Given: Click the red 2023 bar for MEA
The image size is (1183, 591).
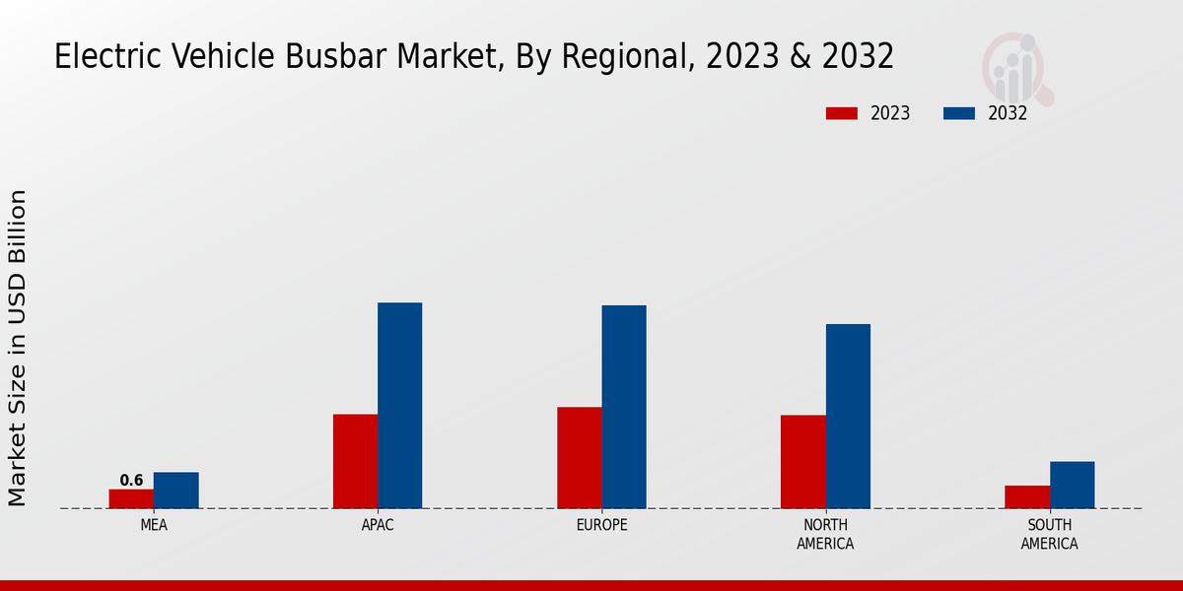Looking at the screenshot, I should point(131,498).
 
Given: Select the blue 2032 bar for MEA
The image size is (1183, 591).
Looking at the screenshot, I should point(175,491).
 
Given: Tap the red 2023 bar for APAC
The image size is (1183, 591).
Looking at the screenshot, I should point(355,461).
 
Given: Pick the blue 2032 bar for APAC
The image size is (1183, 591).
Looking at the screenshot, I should point(399,405).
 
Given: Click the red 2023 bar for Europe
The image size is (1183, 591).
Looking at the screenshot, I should point(579,457).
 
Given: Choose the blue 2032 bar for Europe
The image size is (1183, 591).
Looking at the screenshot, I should point(624,407).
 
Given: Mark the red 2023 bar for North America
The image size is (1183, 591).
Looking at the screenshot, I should point(802,461).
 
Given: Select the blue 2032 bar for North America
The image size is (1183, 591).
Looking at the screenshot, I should point(848,416).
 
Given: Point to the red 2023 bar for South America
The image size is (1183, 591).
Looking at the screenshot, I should point(1027,496).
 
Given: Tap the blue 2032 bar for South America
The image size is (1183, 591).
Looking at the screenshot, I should point(1072,485).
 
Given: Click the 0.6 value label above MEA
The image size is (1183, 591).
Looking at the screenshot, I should point(131,481).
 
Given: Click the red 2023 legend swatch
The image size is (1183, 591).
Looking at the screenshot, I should point(841,113).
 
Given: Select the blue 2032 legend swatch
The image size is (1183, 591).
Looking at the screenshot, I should point(958,113).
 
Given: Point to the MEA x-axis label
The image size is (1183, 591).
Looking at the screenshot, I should point(154,525).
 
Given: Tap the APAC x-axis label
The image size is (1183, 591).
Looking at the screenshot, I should point(378,525).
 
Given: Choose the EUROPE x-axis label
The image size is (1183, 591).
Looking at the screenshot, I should point(601,525).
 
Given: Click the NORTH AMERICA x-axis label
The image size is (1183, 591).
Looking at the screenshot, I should point(825,534).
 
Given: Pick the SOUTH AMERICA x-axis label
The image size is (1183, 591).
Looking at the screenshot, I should point(1049,534).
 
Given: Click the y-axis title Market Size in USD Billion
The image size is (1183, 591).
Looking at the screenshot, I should point(18,348).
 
